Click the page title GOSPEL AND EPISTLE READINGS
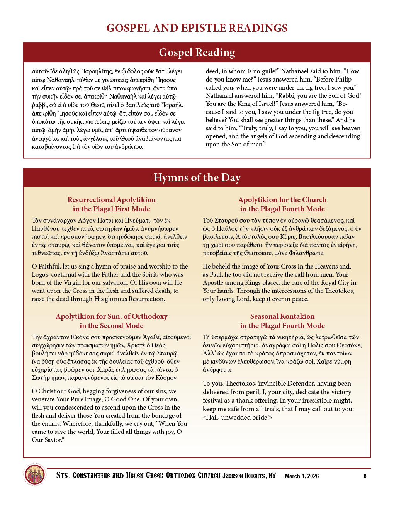[197, 28]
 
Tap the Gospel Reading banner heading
[197, 53]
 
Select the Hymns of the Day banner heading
[197, 178]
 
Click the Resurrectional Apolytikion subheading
[111, 204]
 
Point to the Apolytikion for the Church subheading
[282, 204]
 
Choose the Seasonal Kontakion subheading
[282, 321]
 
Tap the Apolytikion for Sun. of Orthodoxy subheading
[111, 321]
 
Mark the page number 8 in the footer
[365, 476]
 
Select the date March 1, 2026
[302, 476]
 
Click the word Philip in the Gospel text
[343, 79]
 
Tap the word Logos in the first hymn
[41, 274]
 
